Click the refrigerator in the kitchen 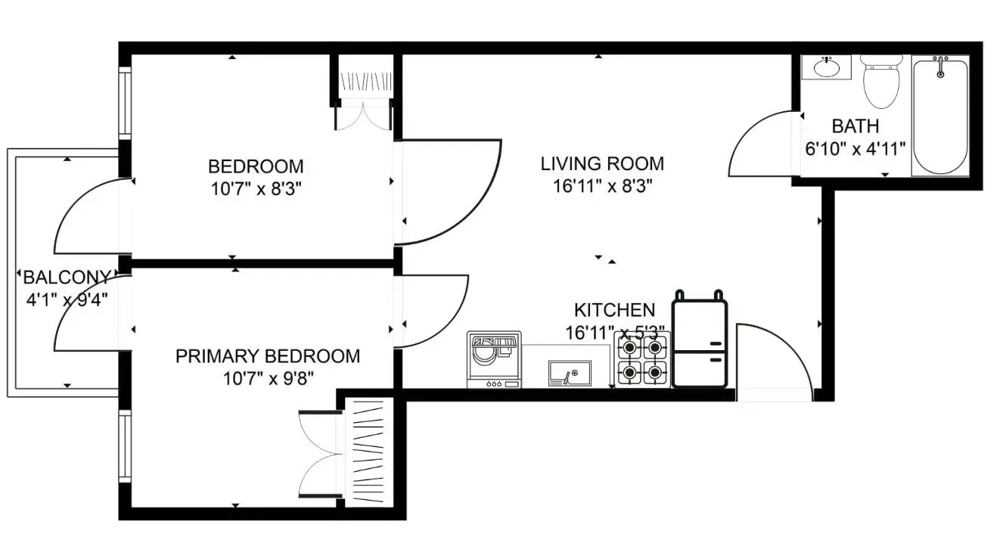(700, 344)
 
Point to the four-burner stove (643, 360)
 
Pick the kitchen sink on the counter (569, 373)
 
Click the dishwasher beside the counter (494, 360)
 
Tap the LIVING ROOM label (602, 163)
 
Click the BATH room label (855, 126)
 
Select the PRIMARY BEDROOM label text (268, 356)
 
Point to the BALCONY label (68, 277)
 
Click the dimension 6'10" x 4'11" (855, 148)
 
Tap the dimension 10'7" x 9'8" (268, 378)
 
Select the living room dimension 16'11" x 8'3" (602, 185)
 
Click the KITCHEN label (614, 310)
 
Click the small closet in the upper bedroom (365, 81)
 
